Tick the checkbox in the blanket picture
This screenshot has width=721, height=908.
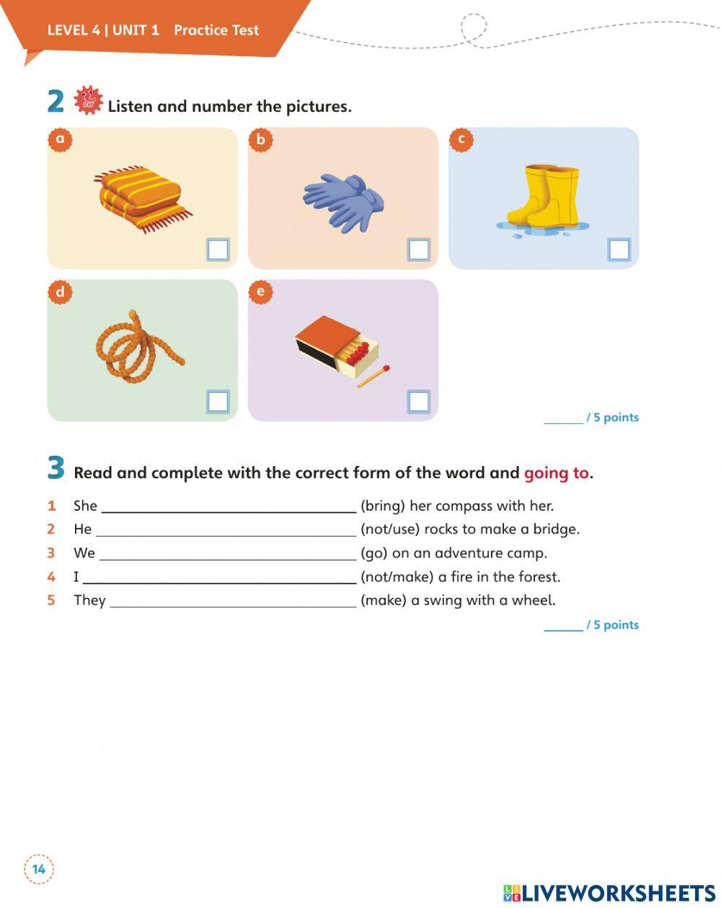(x=218, y=250)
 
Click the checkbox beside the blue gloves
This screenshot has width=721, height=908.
(x=418, y=250)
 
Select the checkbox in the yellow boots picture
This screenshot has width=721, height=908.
(x=619, y=250)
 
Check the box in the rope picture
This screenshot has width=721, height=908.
(x=218, y=402)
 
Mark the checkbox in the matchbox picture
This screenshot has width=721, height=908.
(x=418, y=402)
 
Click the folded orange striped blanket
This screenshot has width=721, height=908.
(x=142, y=198)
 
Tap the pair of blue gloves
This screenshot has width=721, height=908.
(x=343, y=201)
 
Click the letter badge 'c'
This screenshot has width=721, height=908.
(x=461, y=139)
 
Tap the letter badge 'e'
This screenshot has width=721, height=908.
(x=260, y=291)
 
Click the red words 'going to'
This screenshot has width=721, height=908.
(x=556, y=473)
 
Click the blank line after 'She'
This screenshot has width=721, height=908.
(x=229, y=506)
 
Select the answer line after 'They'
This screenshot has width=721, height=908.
(x=233, y=601)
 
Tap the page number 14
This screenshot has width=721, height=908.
(x=39, y=869)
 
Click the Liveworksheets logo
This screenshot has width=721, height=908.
(x=609, y=893)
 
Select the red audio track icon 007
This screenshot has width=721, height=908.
(x=89, y=101)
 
